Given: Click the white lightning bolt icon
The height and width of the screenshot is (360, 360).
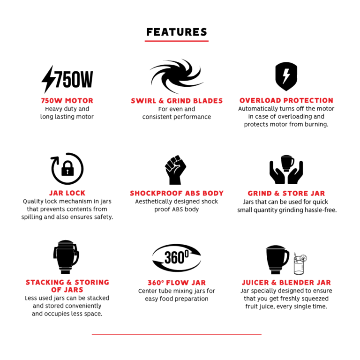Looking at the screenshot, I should (x=286, y=76).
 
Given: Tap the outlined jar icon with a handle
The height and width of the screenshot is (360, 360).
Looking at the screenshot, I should (x=66, y=257).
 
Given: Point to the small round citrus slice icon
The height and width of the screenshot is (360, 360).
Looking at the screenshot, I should (x=303, y=258).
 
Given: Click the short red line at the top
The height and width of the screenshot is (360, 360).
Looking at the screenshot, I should (x=176, y=41).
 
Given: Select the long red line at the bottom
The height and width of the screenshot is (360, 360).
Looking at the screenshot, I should (x=176, y=334).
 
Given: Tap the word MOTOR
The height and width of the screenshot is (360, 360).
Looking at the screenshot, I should (x=79, y=101).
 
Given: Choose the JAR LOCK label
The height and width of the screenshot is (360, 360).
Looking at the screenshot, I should (x=67, y=193).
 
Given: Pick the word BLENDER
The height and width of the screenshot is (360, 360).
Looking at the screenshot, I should (x=296, y=283).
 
